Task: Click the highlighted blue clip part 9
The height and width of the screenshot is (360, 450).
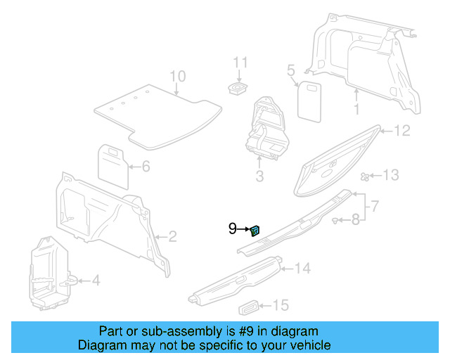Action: click(255, 229)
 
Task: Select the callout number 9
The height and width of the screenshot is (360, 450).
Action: click(233, 229)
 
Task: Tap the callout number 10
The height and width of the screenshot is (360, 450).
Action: click(177, 77)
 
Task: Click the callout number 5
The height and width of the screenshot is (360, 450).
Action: click(290, 70)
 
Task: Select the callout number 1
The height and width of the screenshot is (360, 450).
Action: click(356, 110)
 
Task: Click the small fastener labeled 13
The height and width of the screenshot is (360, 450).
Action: click(366, 176)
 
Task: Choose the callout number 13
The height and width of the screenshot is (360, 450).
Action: click(390, 175)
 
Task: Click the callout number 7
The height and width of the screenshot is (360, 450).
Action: click(375, 206)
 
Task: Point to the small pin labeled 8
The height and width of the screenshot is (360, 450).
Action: click(335, 221)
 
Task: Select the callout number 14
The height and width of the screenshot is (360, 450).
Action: click(302, 268)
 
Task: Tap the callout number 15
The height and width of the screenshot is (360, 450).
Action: click(281, 305)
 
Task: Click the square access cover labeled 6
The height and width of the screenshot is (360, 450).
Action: click(111, 160)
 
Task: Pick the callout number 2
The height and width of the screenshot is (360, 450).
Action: click(172, 236)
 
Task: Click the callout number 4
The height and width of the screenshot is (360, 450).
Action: click(96, 281)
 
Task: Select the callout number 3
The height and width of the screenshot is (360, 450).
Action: click(259, 176)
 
